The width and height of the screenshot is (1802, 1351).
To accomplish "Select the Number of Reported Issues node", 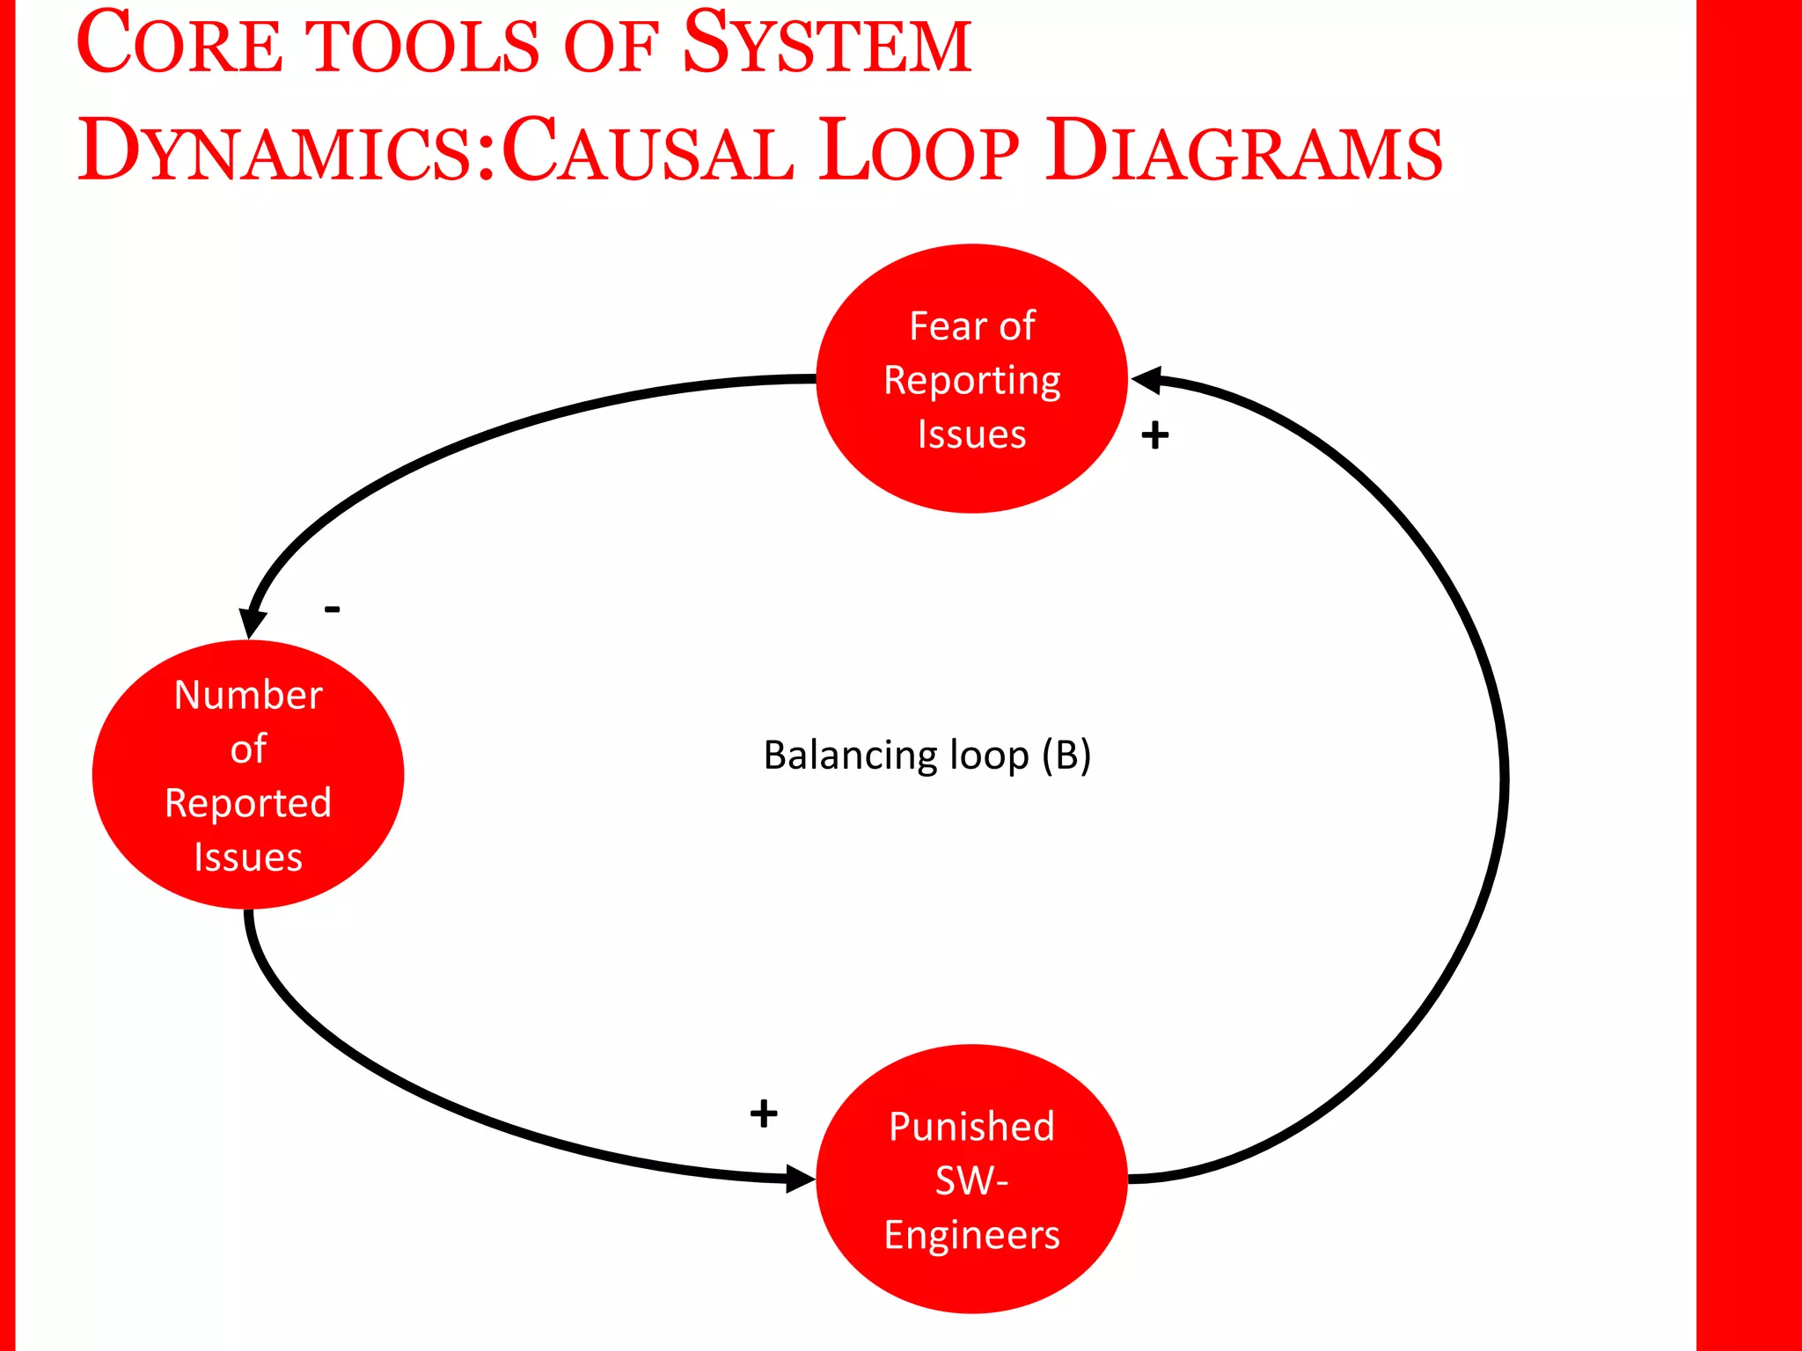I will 248,774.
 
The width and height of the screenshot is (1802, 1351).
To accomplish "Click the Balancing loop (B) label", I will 927,755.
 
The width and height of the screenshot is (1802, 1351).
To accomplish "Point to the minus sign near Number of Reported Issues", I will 332,609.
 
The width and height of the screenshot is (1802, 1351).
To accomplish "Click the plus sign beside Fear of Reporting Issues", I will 1154,435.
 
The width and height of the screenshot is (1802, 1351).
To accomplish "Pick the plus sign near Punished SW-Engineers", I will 764,1114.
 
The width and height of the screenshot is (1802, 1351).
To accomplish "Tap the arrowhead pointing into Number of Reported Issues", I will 252,622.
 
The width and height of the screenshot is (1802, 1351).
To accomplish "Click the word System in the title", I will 827,44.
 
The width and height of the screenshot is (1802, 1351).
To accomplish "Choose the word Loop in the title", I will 919,151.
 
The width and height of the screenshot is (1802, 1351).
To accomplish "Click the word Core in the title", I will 180,44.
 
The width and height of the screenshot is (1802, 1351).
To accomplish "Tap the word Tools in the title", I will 426,46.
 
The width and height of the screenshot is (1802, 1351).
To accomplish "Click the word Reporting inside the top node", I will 971,381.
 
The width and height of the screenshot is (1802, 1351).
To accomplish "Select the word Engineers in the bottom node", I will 971,1235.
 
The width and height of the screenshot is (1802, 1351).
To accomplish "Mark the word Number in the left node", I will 248,695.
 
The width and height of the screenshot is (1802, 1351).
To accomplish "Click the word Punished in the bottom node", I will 971,1127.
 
